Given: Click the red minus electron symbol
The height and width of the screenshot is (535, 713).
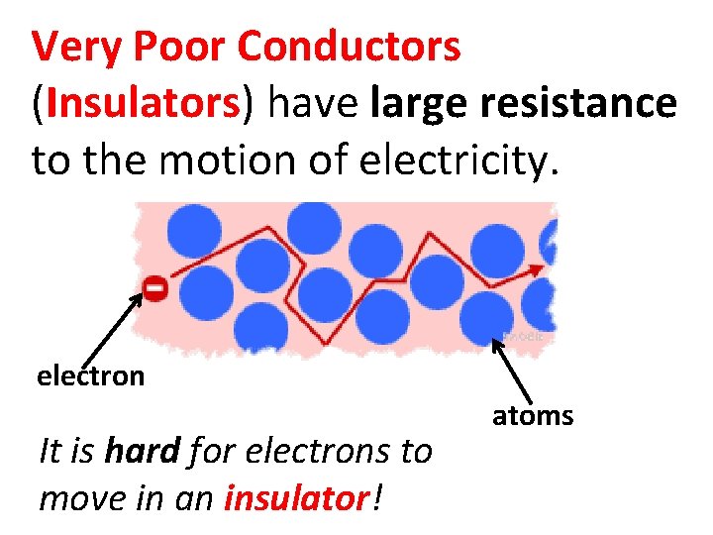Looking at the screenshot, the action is click(x=154, y=287).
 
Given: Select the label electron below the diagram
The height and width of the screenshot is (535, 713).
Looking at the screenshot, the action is click(x=90, y=376).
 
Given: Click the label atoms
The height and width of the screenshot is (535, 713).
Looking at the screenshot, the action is click(x=533, y=416).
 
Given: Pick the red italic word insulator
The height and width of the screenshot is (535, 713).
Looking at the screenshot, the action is click(x=297, y=498).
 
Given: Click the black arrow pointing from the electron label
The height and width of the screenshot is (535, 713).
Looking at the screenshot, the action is click(x=112, y=329).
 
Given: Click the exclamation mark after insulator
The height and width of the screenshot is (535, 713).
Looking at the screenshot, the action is click(x=376, y=498).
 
